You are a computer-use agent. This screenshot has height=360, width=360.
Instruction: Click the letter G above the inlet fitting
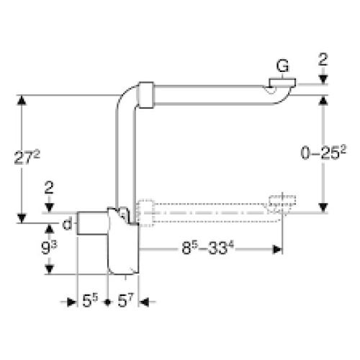coord(282,66)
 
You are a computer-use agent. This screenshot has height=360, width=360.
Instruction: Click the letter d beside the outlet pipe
coord(67,224)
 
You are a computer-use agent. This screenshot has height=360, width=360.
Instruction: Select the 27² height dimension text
coord(27,157)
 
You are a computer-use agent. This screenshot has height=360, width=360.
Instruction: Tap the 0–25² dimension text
coord(323,153)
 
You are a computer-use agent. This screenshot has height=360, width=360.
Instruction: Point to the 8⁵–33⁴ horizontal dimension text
coord(207,248)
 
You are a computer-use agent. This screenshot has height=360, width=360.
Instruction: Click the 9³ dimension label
coord(49,248)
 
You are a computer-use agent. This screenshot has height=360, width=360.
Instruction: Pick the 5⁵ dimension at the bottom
coord(90,300)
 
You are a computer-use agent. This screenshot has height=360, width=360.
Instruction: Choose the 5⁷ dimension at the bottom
coord(125,300)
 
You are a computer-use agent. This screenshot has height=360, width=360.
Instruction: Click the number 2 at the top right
coord(323,59)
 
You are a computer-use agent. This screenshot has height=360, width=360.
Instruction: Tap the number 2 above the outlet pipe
coord(49,187)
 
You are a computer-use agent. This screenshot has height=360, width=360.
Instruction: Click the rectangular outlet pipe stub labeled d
coord(92,223)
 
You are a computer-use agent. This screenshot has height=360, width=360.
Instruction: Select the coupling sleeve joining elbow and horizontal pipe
coord(146,95)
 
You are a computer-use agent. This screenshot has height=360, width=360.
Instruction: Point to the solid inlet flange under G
coord(282,83)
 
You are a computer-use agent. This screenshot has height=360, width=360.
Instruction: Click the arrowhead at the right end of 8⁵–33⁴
coord(277,249)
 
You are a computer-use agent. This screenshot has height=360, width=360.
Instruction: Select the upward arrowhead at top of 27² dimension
coord(22,100)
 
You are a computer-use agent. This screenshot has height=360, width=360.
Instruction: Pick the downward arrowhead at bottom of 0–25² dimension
coord(323,208)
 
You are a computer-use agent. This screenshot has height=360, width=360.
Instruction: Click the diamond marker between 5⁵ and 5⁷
coord(108,302)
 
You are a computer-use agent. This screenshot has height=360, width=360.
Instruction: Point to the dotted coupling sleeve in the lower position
coord(145,212)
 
